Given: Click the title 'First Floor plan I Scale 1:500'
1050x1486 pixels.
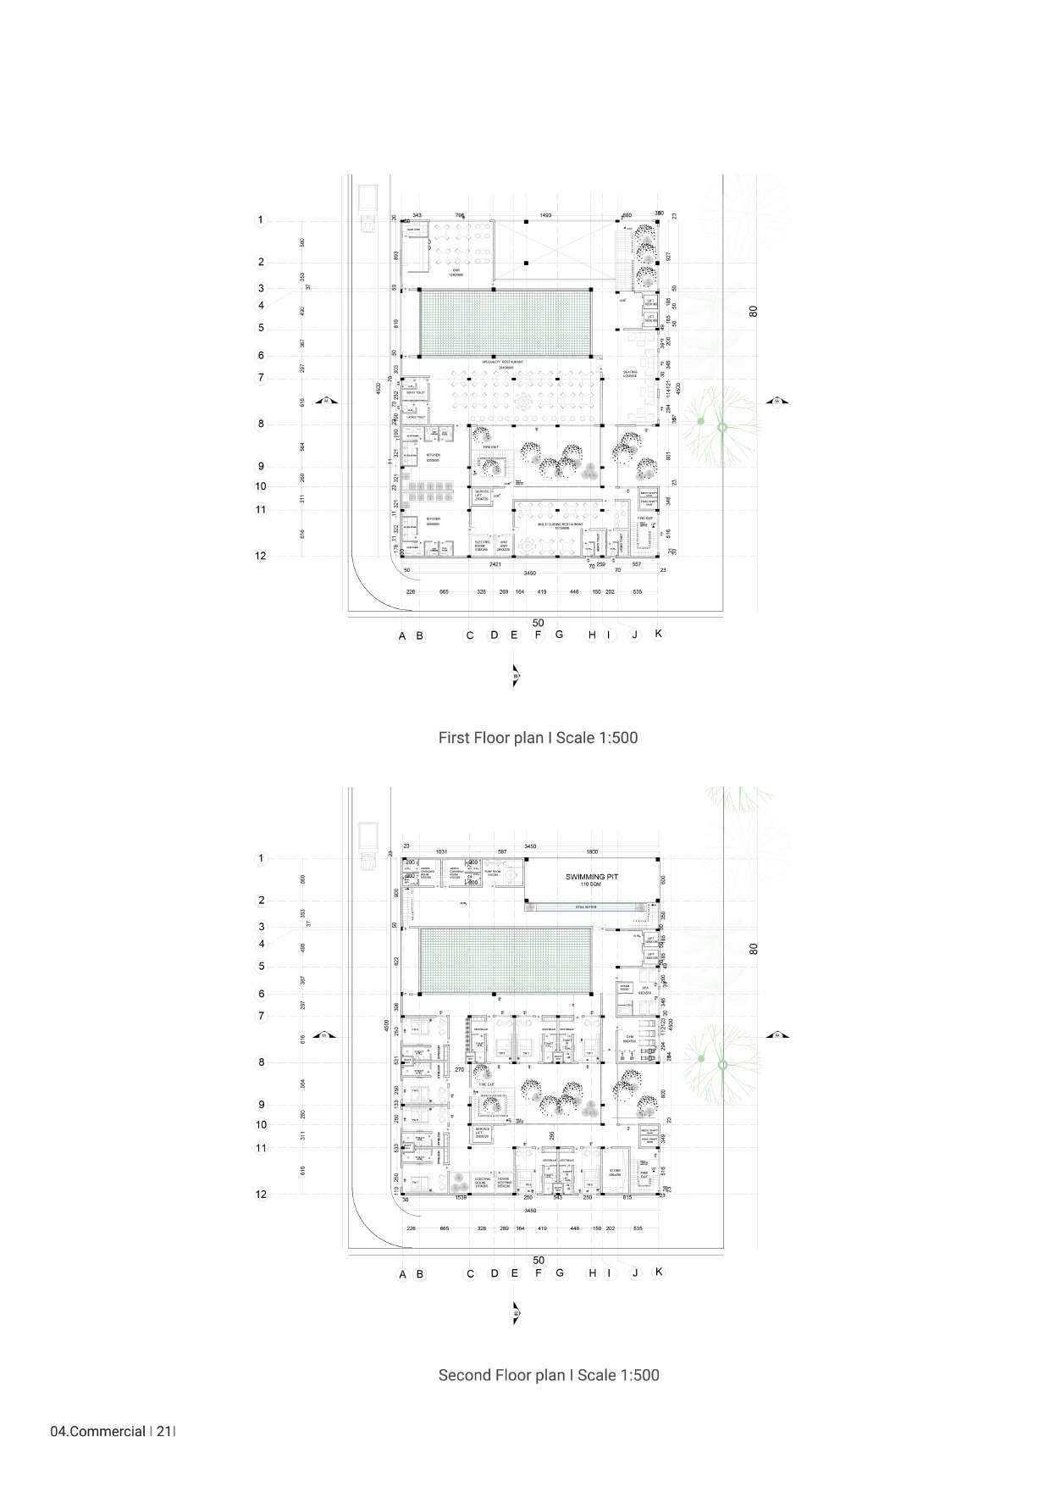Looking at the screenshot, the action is click(538, 738).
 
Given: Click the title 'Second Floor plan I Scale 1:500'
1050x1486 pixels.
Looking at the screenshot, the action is click(548, 1375).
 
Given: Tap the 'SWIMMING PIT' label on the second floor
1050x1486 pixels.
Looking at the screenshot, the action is click(592, 878).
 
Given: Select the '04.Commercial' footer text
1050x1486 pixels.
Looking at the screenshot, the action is click(98, 1433).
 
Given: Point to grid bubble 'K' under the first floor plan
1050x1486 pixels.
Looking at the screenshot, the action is click(659, 634).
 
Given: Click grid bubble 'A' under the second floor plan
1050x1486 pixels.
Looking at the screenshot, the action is click(403, 1274).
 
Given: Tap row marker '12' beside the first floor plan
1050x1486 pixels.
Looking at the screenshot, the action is click(261, 556).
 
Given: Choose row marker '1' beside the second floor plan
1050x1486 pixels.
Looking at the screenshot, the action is click(261, 858).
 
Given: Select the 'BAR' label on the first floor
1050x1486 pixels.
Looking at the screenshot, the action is click(455, 270).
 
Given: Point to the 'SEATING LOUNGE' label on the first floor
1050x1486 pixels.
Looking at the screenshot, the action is click(630, 374).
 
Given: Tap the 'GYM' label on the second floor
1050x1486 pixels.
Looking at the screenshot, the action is click(629, 1036).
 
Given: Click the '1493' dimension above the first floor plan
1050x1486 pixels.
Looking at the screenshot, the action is click(545, 216).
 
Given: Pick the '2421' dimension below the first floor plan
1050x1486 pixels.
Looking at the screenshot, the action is click(495, 563).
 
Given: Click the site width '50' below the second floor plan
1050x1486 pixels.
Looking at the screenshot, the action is click(539, 1261).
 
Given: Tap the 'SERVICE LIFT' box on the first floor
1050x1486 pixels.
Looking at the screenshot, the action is click(482, 495).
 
